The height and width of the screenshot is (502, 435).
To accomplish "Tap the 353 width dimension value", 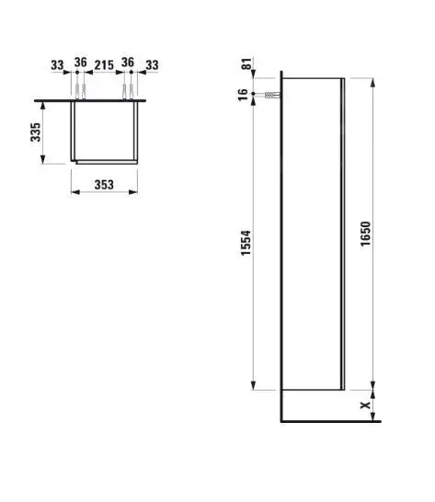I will [x=104, y=184].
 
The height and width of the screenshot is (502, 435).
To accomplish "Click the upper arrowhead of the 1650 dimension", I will [x=372, y=81].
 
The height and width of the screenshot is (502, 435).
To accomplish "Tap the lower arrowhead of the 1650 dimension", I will [x=372, y=385].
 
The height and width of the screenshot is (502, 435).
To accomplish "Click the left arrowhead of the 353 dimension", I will [x=74, y=193].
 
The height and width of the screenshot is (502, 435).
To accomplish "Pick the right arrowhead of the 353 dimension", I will [x=134, y=193].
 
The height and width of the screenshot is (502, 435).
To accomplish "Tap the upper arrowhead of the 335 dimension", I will [x=43, y=101].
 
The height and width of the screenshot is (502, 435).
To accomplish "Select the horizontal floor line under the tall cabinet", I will [x=331, y=421].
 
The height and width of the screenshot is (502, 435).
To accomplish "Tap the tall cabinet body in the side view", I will [x=313, y=239].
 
